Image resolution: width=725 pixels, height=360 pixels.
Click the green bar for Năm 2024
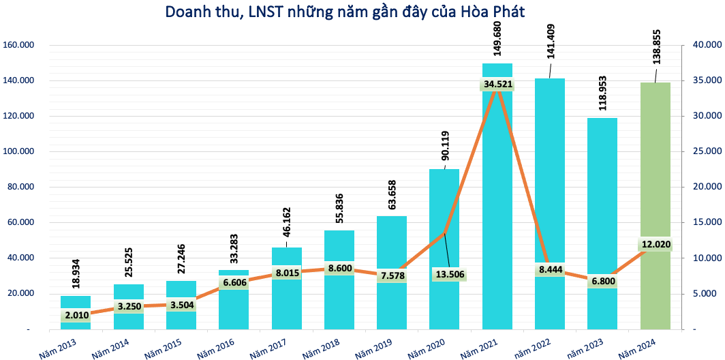coord(655,205)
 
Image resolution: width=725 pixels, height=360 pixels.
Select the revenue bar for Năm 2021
coord(497,205)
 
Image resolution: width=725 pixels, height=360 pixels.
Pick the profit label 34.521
coord(497,85)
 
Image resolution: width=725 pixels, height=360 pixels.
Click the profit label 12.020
coord(655,244)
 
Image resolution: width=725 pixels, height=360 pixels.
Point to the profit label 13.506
coord(448,275)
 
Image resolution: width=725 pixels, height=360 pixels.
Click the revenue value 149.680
coord(497,40)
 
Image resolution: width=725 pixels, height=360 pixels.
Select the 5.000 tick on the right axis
coord(705,294)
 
